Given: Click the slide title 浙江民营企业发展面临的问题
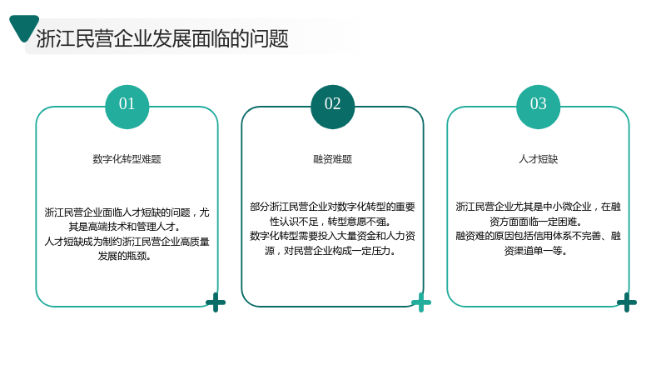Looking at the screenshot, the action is point(162,38).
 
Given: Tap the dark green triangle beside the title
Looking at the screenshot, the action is point(24,27).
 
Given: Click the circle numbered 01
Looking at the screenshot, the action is point(127,107).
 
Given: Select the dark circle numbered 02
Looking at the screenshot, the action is point(332,107).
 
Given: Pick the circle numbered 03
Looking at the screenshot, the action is point(538,107).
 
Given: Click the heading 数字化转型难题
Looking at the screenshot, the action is point(127,159).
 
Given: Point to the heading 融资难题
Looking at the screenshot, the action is point(332,159).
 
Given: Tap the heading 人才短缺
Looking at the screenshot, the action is point(538,159).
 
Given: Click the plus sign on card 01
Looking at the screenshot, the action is point(216,302).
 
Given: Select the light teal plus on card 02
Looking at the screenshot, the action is point(421,302).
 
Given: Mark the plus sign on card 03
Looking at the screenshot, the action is point(627,302).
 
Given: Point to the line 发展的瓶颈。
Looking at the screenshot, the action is point(125,256).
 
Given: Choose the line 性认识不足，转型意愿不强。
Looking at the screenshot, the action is point(331,222).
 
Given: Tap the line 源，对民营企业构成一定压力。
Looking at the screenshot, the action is point(331,251).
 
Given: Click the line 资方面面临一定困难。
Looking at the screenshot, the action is point(536,222).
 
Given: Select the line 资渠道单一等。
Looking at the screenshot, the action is point(536,251).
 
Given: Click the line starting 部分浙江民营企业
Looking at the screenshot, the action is point(332,207).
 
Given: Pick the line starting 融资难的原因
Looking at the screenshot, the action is point(538,236).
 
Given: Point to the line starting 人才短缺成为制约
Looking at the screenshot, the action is point(127,242).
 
